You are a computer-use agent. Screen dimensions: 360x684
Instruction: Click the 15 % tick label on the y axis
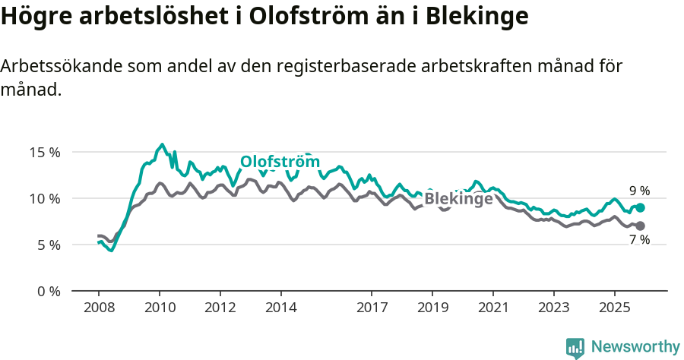coord(44,152)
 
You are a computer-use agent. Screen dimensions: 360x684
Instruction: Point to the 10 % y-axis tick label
coord(44,198)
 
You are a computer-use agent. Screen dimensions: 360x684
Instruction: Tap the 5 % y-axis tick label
coord(47,245)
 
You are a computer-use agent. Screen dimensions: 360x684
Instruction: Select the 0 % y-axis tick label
coord(47,291)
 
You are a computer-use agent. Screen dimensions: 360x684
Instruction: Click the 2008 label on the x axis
coord(99,308)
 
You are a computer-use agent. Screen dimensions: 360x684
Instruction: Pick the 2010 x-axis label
coord(160,308)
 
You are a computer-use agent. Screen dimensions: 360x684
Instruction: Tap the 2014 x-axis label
coord(280,308)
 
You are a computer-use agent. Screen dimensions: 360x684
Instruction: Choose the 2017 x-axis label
coord(372,308)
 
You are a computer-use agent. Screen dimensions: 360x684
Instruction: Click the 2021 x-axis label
coord(492,308)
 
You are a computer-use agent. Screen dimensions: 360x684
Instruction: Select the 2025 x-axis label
coord(614,308)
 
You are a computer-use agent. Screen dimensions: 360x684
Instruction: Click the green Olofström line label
coord(280,162)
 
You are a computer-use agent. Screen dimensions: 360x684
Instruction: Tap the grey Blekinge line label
coord(458,199)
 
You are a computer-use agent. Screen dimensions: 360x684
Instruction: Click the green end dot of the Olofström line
coord(641,207)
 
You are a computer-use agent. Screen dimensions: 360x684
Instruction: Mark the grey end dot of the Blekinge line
coord(641,226)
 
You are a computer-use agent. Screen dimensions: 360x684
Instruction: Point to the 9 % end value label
coord(639,191)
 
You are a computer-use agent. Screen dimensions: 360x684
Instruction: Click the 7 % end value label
coord(639,240)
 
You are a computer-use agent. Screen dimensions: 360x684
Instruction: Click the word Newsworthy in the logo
coord(635,346)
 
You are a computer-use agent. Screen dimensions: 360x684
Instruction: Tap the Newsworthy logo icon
coord(575,347)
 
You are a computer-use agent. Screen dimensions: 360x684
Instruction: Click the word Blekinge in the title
coord(472,16)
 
